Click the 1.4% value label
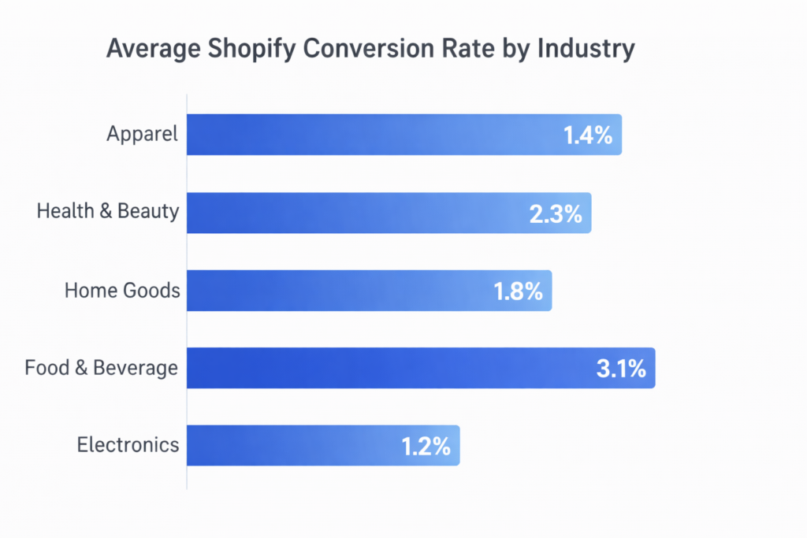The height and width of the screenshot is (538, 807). pyautogui.click(x=588, y=135)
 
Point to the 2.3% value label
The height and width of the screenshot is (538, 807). pyautogui.click(x=556, y=213)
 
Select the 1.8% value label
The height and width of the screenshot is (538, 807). pyautogui.click(x=518, y=291)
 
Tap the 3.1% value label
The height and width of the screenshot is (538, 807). pyautogui.click(x=621, y=369)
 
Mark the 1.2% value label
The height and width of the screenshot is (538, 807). pyautogui.click(x=426, y=447)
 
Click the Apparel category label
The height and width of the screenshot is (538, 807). pyautogui.click(x=143, y=135)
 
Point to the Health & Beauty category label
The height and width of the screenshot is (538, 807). pyautogui.click(x=108, y=212)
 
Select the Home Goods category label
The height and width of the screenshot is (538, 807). pyautogui.click(x=122, y=290)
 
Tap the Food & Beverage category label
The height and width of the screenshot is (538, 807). pyautogui.click(x=102, y=368)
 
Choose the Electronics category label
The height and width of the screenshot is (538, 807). pyautogui.click(x=128, y=445)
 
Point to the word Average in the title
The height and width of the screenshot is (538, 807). pyautogui.click(x=152, y=49)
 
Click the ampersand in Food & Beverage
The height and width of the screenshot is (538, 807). pyautogui.click(x=82, y=368)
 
